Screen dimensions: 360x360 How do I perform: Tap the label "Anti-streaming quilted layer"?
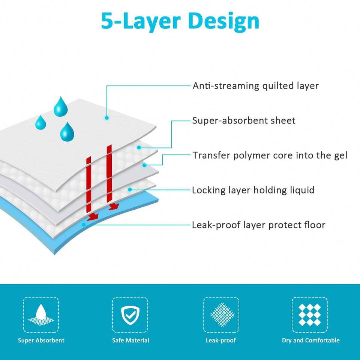point(255,86)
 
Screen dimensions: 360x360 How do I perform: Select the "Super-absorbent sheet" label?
point(244,121)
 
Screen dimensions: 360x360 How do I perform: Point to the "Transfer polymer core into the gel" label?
point(270,155)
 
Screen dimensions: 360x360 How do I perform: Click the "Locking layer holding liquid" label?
point(253,190)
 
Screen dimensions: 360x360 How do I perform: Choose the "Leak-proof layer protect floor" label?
point(258,225)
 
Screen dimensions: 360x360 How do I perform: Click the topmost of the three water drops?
point(61,106)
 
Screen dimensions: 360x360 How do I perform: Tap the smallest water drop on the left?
point(40,122)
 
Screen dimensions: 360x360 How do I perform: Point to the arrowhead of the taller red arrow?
point(113,207)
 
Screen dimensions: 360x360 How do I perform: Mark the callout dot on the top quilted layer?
point(107,118)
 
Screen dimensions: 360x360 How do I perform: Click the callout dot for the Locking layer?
point(130,190)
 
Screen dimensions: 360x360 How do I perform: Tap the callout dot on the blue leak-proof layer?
point(84,225)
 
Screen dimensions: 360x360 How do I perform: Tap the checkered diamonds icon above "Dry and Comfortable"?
point(310,315)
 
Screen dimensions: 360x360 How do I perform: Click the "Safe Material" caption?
point(130,340)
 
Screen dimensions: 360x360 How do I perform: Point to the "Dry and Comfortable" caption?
point(310,340)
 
